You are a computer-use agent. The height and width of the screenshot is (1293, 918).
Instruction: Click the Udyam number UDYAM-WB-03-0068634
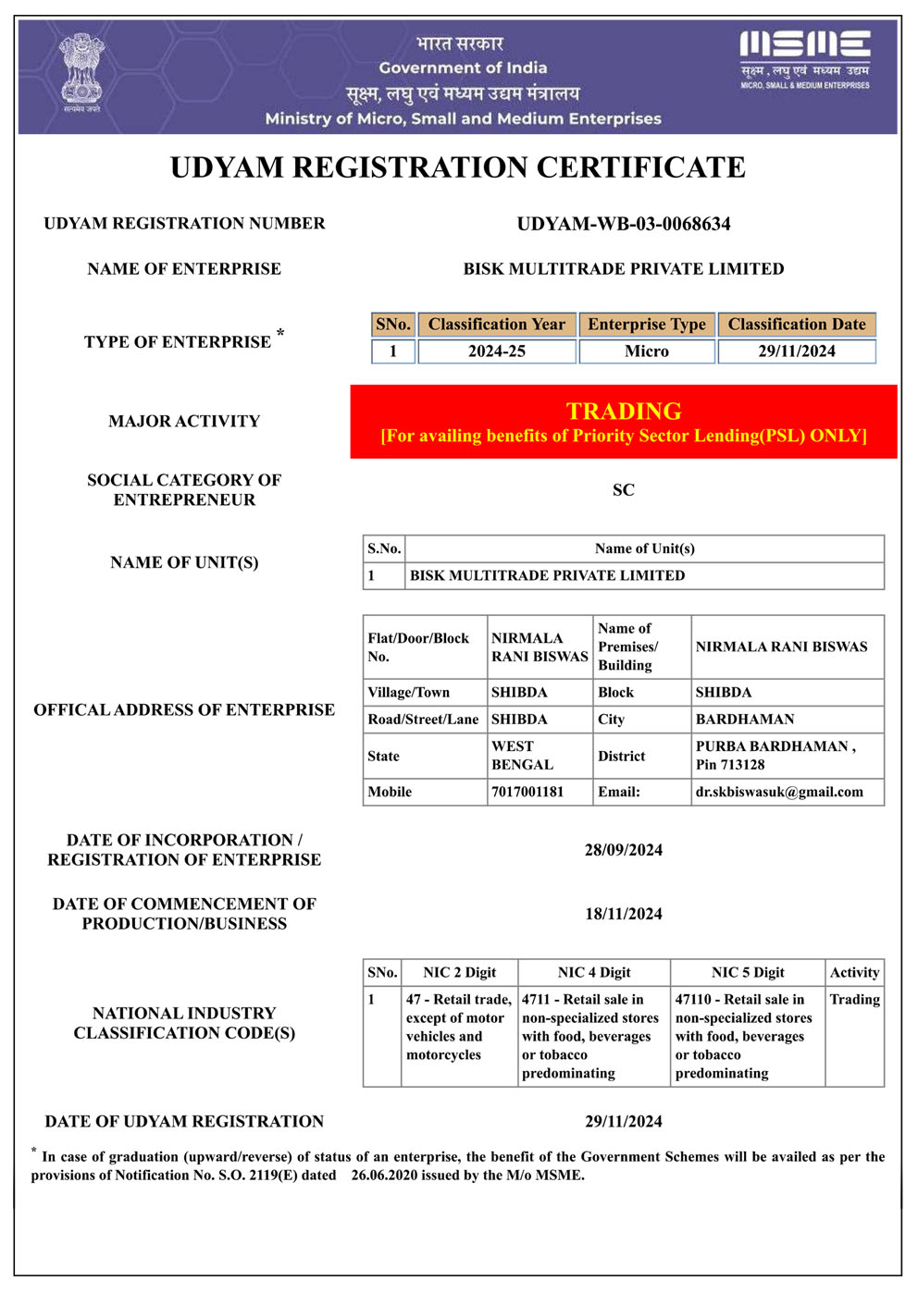point(623,224)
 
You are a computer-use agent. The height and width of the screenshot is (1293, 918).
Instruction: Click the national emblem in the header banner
point(81,72)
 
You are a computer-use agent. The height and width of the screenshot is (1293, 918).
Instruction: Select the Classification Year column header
point(496,325)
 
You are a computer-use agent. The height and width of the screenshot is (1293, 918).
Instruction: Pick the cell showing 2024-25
point(496,351)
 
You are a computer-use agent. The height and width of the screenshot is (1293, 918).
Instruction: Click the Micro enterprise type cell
point(646,351)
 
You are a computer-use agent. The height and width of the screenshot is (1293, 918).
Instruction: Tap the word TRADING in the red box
point(624,411)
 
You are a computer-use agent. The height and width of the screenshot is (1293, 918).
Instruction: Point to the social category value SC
point(623,490)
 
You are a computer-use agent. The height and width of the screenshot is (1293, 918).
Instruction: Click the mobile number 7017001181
point(527,792)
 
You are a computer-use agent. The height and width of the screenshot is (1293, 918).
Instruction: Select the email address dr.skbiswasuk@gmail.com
point(779,792)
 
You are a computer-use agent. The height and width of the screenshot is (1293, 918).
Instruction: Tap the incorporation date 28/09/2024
point(623,850)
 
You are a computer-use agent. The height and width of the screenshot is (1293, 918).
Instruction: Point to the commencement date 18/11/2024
point(623,914)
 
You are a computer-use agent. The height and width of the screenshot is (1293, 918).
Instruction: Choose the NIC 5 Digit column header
point(747,972)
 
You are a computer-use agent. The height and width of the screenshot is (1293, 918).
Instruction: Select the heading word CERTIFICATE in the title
point(640,167)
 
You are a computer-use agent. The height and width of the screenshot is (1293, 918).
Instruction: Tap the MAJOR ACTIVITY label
point(184,422)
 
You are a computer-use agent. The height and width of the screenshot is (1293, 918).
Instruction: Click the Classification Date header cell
point(796,325)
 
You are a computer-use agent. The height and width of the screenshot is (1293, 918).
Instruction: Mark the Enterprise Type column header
point(646,325)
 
